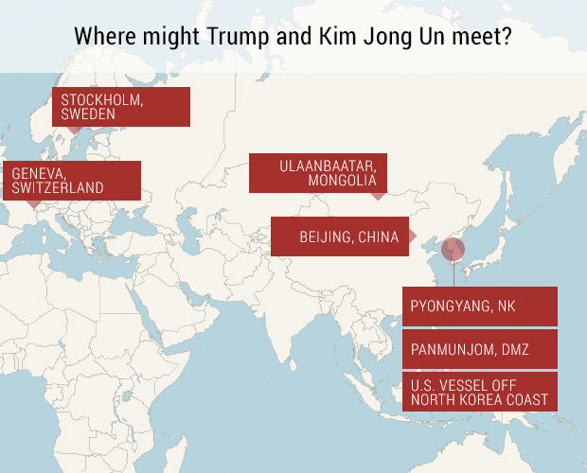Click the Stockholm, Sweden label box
click(121, 106)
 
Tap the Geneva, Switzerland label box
click(72, 180)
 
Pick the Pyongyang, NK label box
click(479, 307)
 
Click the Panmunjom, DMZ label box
click(479, 349)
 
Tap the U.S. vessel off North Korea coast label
click(479, 392)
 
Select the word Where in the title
click(104, 37)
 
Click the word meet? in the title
click(486, 37)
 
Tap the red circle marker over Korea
click(454, 250)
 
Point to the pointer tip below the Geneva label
click(34, 204)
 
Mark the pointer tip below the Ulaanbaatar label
click(378, 197)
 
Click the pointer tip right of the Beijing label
click(415, 236)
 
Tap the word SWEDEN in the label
click(88, 114)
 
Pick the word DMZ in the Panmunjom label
click(512, 350)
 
